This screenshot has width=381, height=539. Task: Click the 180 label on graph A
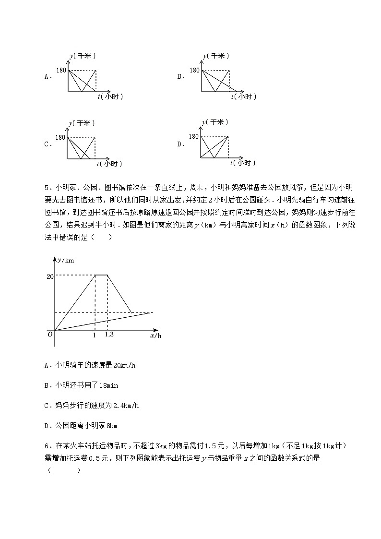tap(61, 71)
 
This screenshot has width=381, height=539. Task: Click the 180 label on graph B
tap(194, 71)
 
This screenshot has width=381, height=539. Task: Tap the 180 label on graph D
tap(193, 137)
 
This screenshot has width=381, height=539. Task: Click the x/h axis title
tap(155, 336)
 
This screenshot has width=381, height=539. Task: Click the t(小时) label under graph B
tap(243, 96)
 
